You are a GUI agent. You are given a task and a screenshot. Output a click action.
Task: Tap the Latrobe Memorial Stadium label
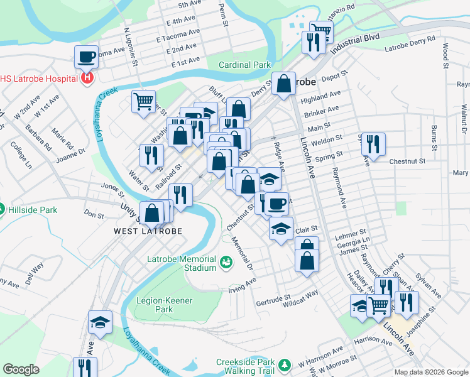click(182, 263)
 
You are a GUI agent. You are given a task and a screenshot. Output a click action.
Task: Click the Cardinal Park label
click(244, 65)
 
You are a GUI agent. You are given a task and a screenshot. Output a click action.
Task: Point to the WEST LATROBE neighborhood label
click(148, 231)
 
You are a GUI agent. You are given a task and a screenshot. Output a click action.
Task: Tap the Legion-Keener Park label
click(155, 305)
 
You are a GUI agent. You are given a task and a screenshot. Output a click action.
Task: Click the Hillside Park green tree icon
click(3, 209)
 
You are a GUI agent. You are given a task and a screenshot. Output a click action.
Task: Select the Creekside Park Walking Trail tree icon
click(285, 364)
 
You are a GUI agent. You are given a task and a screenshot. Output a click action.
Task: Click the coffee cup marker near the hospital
click(87, 58)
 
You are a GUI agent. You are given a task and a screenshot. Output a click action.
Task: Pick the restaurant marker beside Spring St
click(373, 144)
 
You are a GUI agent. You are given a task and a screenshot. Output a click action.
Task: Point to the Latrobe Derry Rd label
click(410, 43)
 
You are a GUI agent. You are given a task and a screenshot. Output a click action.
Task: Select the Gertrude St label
click(275, 299)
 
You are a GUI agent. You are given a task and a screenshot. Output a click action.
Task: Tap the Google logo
click(21, 369)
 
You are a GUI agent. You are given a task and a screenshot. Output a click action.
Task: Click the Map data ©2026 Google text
click(431, 372)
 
